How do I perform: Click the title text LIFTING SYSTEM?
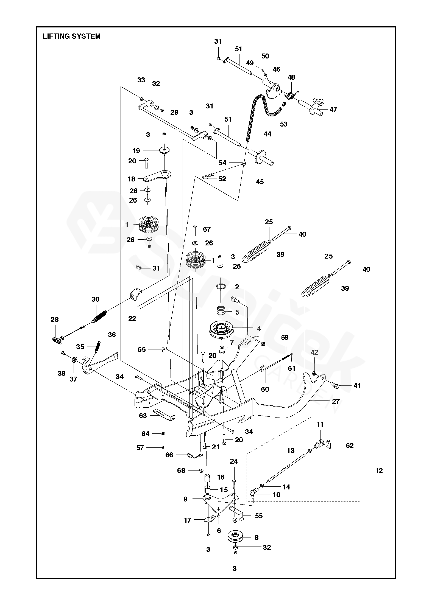[71, 36]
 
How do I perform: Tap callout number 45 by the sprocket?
[260, 182]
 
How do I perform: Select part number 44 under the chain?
[267, 134]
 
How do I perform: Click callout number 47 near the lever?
[333, 109]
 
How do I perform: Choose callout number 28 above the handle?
[55, 320]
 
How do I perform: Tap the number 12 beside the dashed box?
[379, 470]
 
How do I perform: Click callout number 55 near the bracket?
[259, 516]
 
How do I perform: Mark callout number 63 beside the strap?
[143, 416]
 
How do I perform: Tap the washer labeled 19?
[165, 150]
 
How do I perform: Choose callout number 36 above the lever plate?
[112, 335]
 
